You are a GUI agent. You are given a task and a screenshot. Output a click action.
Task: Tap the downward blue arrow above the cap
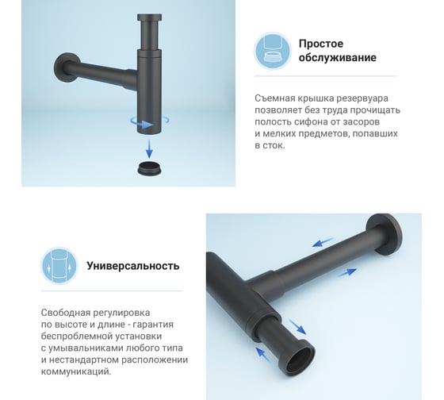tap(149, 148)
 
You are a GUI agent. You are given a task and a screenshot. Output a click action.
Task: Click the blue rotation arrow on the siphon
tap(150, 121)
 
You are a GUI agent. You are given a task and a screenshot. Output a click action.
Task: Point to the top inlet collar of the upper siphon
tap(150, 17)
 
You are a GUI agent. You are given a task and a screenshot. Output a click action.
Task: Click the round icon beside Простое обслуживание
tap(273, 51)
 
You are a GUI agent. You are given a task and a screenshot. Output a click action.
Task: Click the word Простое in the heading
tap(321, 44)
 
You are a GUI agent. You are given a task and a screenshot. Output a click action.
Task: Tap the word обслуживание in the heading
tap(338, 58)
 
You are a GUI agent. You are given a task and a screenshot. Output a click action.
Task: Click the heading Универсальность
tap(133, 266)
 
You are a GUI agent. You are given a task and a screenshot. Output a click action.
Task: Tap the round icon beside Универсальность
tap(59, 266)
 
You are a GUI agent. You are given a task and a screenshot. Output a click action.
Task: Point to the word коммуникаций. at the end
tap(76, 371)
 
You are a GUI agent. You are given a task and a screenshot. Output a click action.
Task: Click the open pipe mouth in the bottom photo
tap(300, 358)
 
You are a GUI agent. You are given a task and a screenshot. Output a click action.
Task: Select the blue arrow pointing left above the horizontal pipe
tap(322, 243)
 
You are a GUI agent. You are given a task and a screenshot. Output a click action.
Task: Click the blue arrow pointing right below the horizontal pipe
tap(346, 273)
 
